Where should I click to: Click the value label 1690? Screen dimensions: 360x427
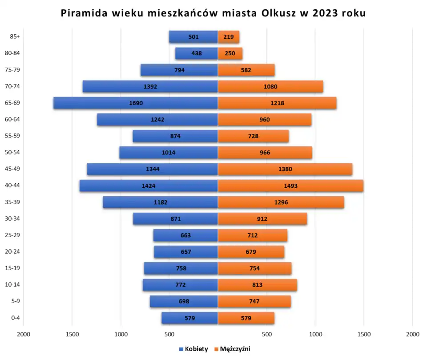136,103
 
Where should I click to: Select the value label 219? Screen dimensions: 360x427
229,37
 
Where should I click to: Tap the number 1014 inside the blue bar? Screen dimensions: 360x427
169,153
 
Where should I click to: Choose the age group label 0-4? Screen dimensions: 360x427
15,318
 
